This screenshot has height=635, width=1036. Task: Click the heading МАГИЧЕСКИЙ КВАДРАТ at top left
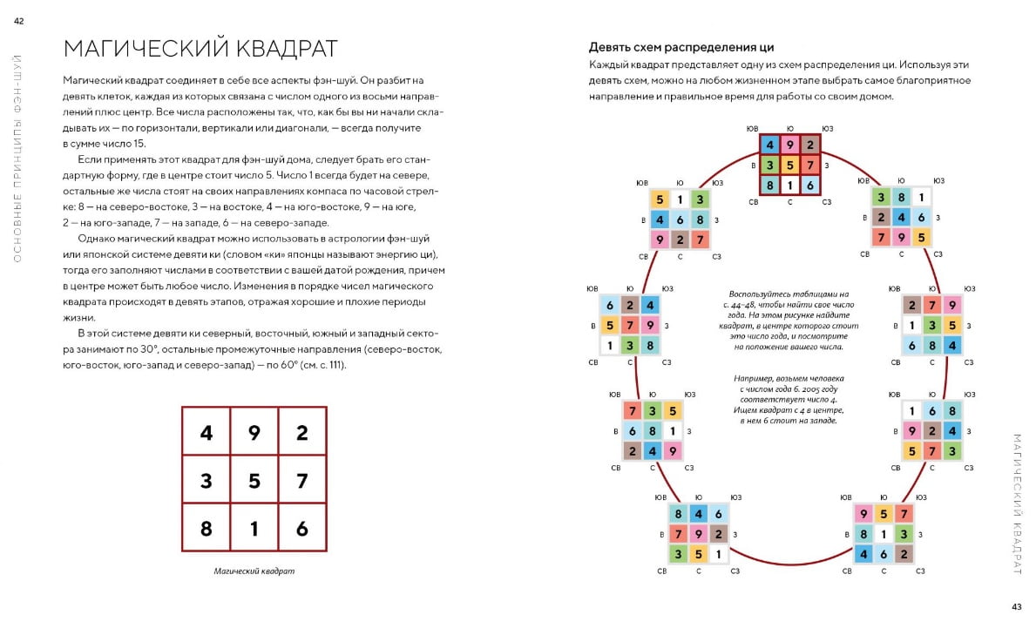pyautogui.click(x=200, y=47)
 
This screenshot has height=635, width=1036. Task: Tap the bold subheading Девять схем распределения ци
pyautogui.click(x=681, y=47)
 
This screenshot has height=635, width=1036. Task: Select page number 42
pyautogui.click(x=18, y=22)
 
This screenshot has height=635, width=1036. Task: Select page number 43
pyautogui.click(x=1016, y=607)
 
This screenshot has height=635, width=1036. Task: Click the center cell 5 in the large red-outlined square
pyautogui.click(x=254, y=479)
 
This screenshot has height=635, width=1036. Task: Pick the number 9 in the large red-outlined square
pyautogui.click(x=254, y=431)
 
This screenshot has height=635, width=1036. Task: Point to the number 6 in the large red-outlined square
pyautogui.click(x=302, y=527)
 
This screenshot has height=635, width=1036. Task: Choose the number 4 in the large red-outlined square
pyautogui.click(x=206, y=431)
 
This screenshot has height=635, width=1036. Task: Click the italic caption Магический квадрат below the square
pyautogui.click(x=254, y=571)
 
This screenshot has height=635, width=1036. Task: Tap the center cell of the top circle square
pyautogui.click(x=789, y=164)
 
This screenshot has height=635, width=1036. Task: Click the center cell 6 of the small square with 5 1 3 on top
pyautogui.click(x=679, y=220)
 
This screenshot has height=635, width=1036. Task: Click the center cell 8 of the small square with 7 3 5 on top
pyautogui.click(x=651, y=430)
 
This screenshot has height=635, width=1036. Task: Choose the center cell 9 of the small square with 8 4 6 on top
pyautogui.click(x=698, y=534)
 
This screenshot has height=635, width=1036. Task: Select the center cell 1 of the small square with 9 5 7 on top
pyautogui.click(x=884, y=534)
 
